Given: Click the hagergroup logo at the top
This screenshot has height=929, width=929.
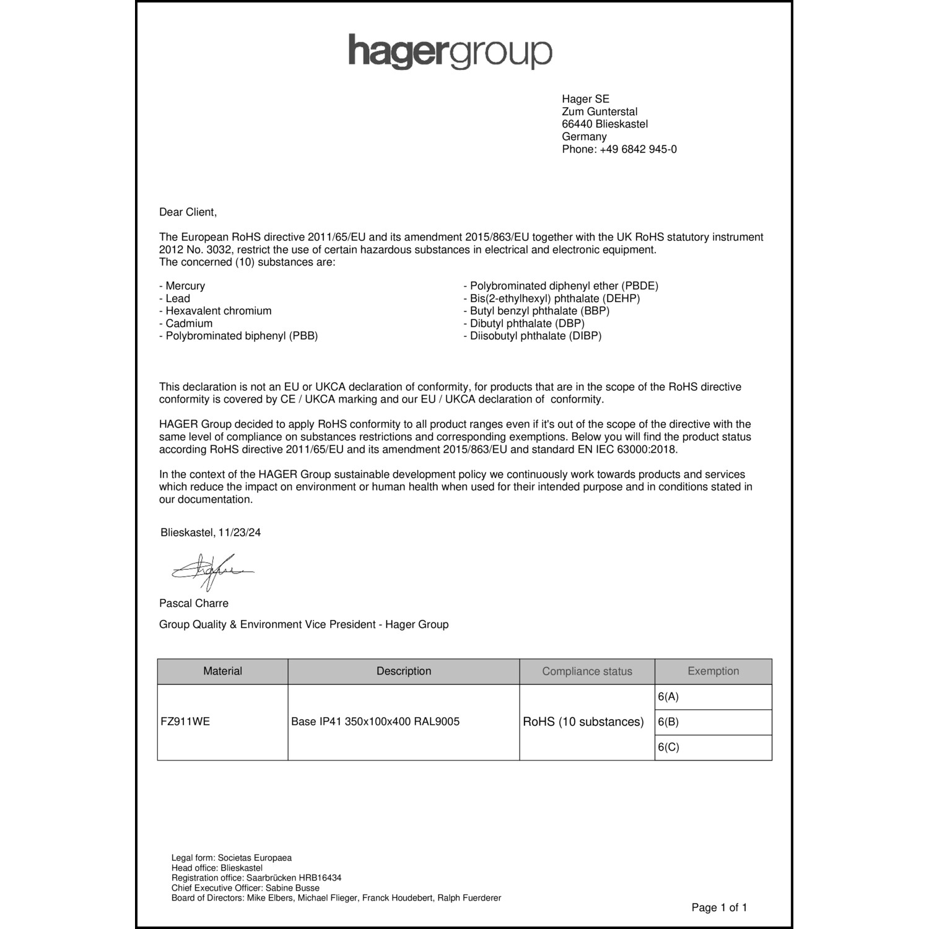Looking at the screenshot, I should click(x=450, y=52).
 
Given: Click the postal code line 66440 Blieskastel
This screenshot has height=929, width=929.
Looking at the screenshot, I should click(x=604, y=124).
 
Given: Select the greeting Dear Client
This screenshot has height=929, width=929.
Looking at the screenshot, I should click(x=188, y=212).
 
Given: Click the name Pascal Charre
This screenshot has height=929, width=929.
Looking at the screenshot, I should click(x=194, y=603).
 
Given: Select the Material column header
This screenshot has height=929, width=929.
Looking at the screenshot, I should click(x=222, y=671).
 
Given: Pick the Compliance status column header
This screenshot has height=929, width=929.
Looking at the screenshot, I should click(x=587, y=671).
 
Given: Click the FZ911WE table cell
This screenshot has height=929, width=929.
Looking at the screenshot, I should click(x=185, y=722).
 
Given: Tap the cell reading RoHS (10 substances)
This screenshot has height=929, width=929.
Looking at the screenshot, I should click(x=583, y=722).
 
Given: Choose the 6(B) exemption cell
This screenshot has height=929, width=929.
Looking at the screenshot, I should click(x=669, y=722).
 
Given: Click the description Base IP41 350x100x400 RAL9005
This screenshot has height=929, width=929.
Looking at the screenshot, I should click(x=375, y=722).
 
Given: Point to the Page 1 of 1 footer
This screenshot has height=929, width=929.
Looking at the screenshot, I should click(x=719, y=908).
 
